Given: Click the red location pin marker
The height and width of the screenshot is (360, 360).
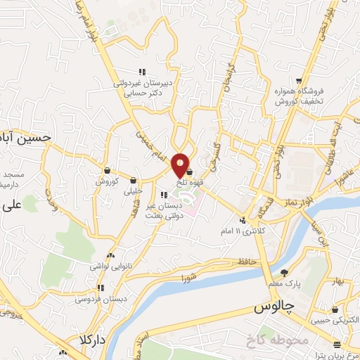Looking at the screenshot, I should coord(180,165).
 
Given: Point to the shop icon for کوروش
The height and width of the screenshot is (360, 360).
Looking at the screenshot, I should coord(107,170).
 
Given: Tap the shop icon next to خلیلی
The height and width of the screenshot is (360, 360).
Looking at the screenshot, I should coord(133,179).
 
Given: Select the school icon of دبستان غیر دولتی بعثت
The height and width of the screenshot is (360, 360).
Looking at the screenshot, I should coord(165,195).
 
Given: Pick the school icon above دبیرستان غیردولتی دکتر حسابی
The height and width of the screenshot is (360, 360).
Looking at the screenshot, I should coord(142,71).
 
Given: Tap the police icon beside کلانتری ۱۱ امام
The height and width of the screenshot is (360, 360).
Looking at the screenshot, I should coord(243,219).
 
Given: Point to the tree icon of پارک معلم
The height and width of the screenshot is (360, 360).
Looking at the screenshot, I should coord(283,272).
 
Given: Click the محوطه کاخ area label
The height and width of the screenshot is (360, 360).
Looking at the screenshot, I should coord(277,341).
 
